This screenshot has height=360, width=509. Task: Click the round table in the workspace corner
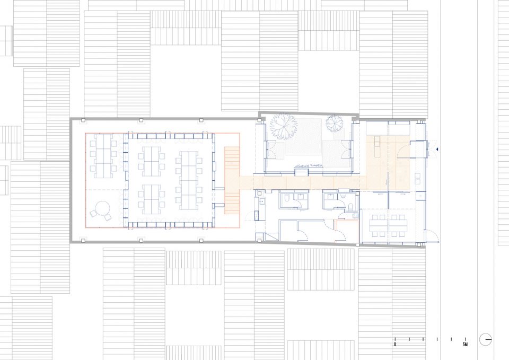click(103, 208)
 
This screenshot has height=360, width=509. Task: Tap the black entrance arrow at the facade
click(437, 150)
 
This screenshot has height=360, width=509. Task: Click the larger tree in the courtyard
click(283, 126)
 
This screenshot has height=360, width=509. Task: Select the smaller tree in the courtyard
click(335, 124)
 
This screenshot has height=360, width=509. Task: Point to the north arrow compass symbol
click(485, 339)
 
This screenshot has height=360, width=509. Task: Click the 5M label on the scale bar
click(465, 345)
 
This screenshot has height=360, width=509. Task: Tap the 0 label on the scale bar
click(395, 345)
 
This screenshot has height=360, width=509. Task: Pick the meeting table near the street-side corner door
click(388, 223)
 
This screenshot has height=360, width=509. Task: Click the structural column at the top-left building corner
click(83, 120)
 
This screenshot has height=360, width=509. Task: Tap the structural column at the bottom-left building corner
click(83, 241)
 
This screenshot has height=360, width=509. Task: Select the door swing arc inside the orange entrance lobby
click(404, 150)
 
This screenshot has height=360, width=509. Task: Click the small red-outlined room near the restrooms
click(347, 231)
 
